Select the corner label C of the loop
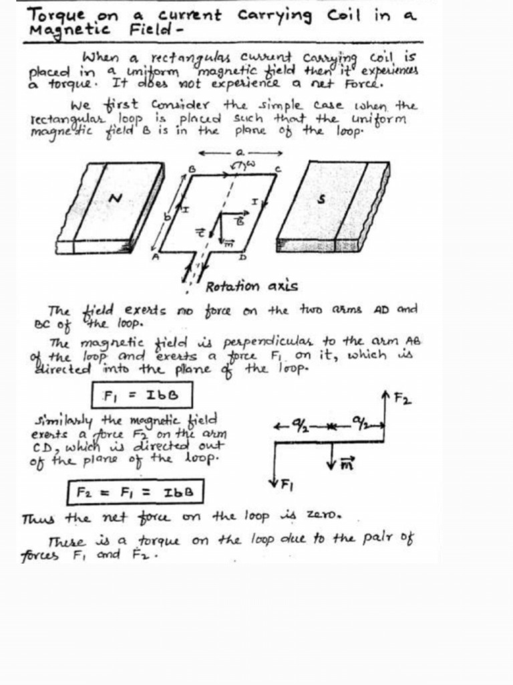pyautogui.click(x=278, y=169)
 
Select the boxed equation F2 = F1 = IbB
pyautogui.click(x=136, y=493)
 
